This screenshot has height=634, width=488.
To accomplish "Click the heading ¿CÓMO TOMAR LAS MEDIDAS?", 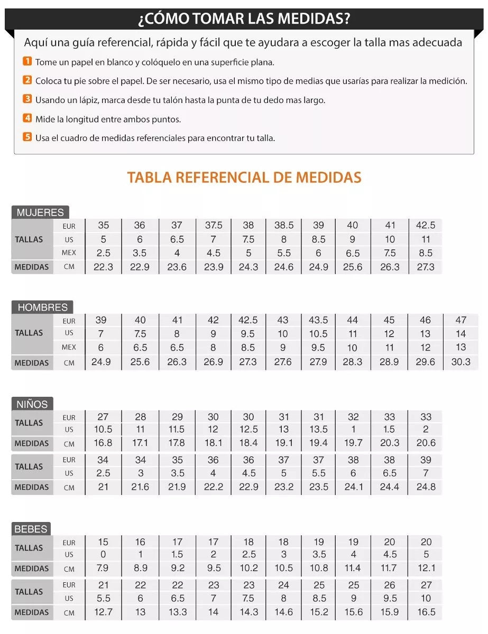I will click(244, 19).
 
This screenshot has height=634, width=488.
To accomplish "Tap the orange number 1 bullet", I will click(27, 62).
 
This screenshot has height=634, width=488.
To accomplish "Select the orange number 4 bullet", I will click(27, 119).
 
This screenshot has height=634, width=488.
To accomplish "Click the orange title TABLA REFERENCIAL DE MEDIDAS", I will click(244, 177).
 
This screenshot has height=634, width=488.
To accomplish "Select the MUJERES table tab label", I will click(40, 212).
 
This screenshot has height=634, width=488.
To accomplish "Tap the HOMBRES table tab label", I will click(42, 307).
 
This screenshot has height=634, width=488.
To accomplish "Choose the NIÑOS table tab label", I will click(32, 404).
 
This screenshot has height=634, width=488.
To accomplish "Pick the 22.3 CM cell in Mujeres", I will click(103, 267).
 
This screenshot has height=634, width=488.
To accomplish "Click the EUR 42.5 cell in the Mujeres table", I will click(426, 226).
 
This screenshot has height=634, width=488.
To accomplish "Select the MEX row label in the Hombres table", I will click(69, 347).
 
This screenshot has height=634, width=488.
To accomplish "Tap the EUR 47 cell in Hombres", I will click(461, 320).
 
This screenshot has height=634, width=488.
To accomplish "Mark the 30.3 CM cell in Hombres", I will click(461, 362).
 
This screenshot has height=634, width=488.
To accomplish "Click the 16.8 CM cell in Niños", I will click(103, 443).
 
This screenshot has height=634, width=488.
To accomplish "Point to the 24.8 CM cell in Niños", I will click(426, 487).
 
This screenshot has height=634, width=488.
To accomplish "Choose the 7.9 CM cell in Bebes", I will click(103, 568).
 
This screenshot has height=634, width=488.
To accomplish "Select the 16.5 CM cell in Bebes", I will click(426, 612).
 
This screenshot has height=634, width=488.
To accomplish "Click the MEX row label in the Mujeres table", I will click(69, 253).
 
